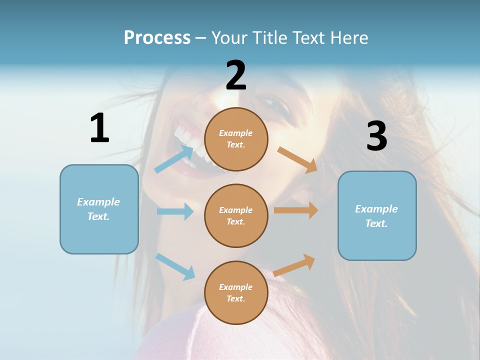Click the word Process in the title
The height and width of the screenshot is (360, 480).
tap(157, 37)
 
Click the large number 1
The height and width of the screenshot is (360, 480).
tap(99, 128)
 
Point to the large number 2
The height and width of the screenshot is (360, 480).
tap(236, 75)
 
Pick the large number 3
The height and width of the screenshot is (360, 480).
tap(376, 136)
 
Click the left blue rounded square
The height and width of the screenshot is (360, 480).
tap(99, 209)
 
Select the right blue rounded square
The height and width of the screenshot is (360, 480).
tap(377, 215)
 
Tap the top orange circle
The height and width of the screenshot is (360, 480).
tap(236, 139)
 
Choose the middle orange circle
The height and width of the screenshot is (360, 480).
tap(236, 215)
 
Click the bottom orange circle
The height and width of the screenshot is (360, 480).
tap(236, 292)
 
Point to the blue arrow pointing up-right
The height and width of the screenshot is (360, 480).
tap(173, 159)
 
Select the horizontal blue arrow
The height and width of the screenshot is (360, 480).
tap(175, 211)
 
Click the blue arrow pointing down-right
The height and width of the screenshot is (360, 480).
tap(175, 266)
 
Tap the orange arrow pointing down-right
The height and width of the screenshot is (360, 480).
tap(297, 159)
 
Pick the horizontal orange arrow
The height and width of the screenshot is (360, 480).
tap(296, 210)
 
